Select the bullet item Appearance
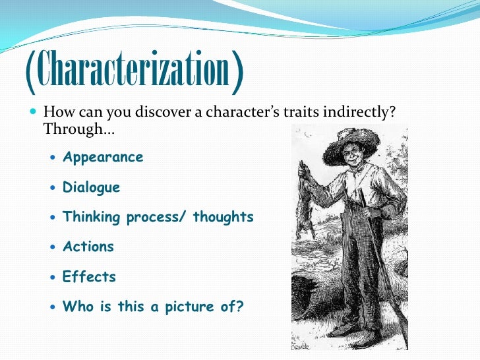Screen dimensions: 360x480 click(x=102, y=158)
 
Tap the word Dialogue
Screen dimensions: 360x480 click(x=91, y=188)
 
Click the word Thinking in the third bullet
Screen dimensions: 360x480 click(x=92, y=218)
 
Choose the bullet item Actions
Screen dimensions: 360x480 click(x=88, y=247)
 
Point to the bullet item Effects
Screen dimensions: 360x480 click(x=89, y=277)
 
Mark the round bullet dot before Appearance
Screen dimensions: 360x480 click(x=53, y=158)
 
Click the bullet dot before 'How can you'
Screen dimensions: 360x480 click(x=34, y=113)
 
